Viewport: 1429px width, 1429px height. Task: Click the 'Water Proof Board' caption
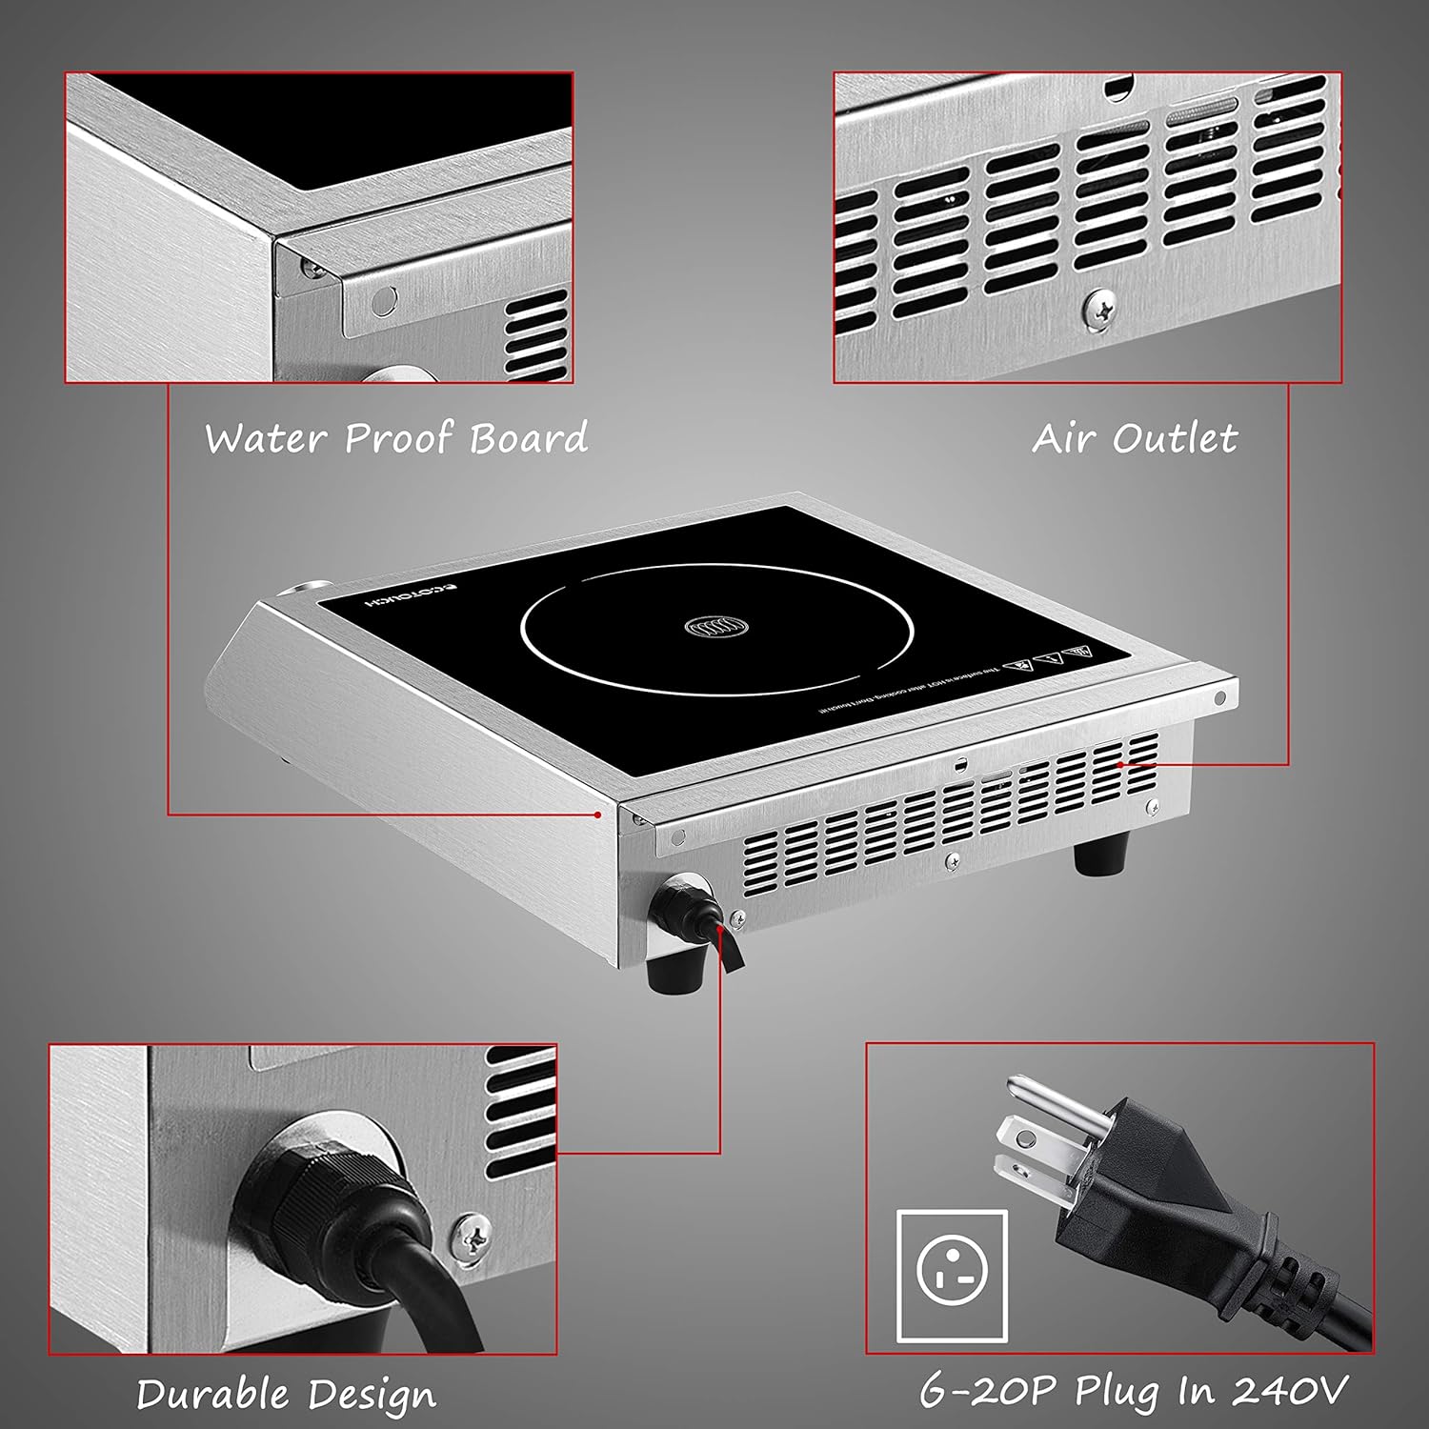[396, 438]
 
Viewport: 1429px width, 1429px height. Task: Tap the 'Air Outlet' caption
[1135, 438]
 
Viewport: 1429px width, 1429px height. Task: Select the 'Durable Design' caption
[286, 1395]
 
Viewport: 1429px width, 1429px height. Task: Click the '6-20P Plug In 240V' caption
[1134, 1391]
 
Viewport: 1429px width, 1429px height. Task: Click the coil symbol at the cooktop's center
[717, 628]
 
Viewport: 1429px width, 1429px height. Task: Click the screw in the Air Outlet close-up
[1100, 310]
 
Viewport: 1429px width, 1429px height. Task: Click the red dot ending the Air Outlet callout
[1121, 764]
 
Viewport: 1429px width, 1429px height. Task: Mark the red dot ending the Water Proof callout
[598, 815]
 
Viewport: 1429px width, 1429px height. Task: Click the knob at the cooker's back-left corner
[306, 589]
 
